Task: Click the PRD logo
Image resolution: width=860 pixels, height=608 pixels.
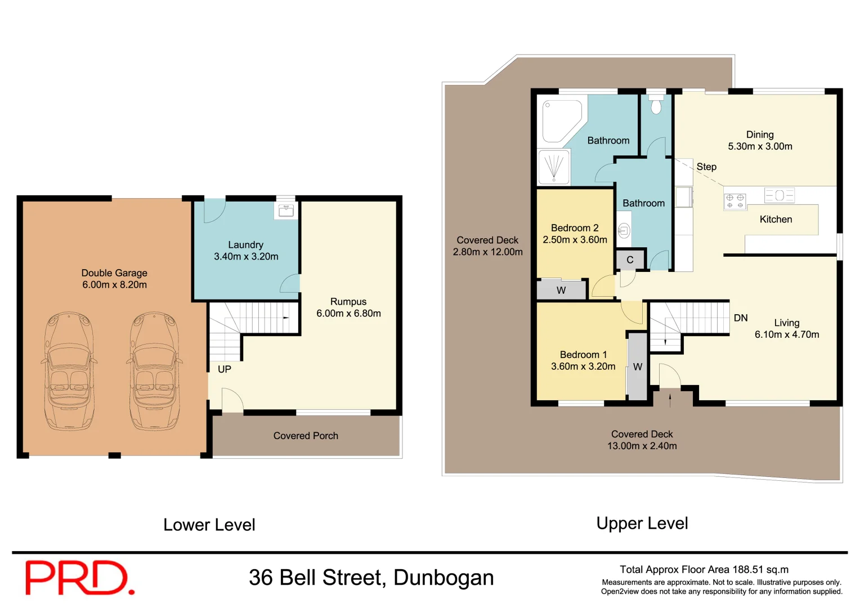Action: (x=79, y=578)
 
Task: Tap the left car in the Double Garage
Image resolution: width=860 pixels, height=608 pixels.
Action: (x=69, y=372)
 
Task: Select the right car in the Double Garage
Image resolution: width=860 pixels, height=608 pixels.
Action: (x=154, y=372)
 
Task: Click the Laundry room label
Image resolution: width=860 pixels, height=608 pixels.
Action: (x=245, y=245)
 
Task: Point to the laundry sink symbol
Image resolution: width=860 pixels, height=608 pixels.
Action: (x=286, y=211)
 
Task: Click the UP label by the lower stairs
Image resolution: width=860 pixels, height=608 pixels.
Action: (x=225, y=369)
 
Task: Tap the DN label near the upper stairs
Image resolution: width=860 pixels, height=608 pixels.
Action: (x=741, y=318)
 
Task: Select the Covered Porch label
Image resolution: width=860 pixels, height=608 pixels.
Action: (x=306, y=436)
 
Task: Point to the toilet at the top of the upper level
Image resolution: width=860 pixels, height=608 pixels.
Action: (x=656, y=104)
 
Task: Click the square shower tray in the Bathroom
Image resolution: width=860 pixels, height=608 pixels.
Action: (x=554, y=167)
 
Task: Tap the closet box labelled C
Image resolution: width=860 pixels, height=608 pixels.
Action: (x=630, y=260)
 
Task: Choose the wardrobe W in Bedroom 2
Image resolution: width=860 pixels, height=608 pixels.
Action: (x=561, y=290)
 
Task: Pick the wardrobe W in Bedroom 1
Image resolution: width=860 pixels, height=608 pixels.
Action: (x=638, y=366)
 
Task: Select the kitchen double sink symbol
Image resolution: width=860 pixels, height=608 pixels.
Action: (x=780, y=195)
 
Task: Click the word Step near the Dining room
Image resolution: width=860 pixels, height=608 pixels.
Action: (x=706, y=167)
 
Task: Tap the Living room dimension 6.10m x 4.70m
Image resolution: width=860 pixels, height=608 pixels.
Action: (x=787, y=334)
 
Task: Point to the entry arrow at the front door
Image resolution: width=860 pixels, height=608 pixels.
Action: (x=670, y=400)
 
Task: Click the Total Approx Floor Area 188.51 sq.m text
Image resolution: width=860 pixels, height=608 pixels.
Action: (x=704, y=570)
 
